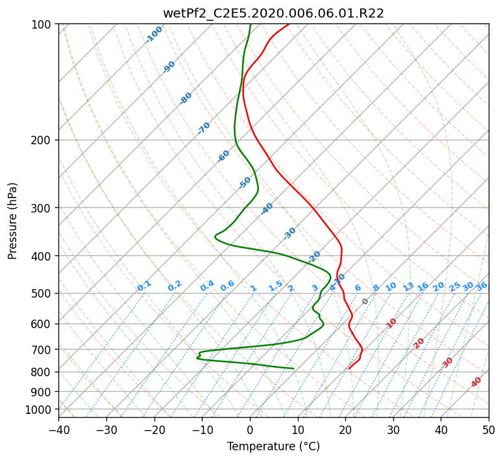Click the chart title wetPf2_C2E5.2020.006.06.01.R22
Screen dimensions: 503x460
[x=273, y=14]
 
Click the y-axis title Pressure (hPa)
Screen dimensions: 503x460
[x=12, y=221]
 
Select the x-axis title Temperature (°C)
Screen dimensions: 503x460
[x=273, y=446]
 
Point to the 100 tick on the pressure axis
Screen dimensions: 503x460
[x=42, y=24]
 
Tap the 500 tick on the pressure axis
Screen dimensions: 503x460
[x=42, y=293]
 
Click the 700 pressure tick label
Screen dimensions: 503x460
[x=42, y=349]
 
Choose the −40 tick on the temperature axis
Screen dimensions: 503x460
[x=58, y=429]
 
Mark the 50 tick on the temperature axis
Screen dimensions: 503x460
[x=489, y=429]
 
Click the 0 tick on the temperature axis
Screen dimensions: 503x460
[x=251, y=429]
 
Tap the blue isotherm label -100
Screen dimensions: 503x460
[x=154, y=34]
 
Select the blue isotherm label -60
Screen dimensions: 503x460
[x=223, y=156]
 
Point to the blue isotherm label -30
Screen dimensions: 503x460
[x=289, y=233]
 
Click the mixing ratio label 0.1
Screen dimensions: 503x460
[x=144, y=286]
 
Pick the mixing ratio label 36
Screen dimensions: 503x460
[x=482, y=287]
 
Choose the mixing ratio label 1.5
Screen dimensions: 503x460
[x=276, y=286]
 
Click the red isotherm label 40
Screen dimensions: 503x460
[x=476, y=382]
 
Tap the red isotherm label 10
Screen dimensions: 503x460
[x=391, y=323]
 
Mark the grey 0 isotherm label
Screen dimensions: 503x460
[x=365, y=301]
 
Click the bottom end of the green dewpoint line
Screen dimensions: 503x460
[x=293, y=368]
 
